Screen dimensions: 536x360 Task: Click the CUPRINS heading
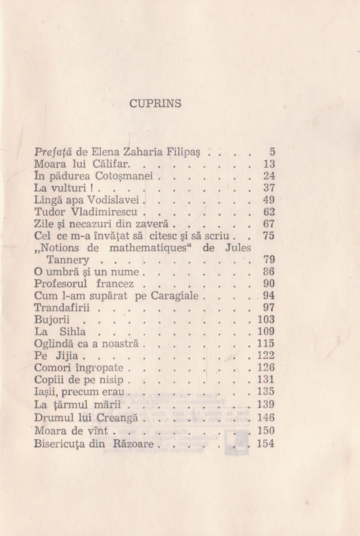[155, 104]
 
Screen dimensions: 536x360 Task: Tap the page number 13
[269, 164]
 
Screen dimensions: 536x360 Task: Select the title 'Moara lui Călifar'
[77, 164]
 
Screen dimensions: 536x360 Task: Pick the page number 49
[269, 200]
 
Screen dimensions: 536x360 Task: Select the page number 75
[269, 236]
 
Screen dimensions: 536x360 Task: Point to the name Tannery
[68, 260]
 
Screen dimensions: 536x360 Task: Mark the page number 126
[266, 367]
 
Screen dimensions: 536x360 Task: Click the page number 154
[266, 444]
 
